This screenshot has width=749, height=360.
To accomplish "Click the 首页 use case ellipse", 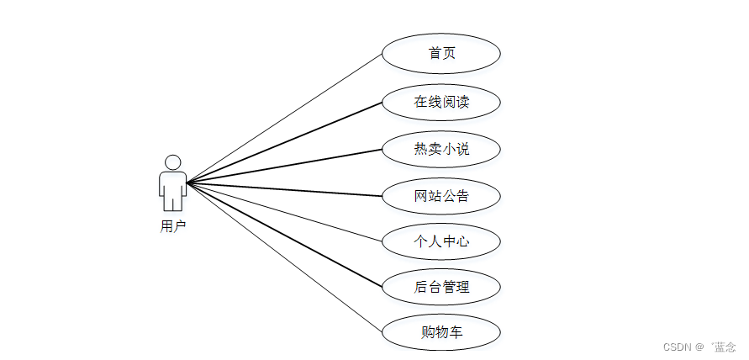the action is tap(441, 54).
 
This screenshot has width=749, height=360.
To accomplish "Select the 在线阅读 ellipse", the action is tap(441, 103).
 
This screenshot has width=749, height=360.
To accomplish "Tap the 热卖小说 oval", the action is tap(441, 150).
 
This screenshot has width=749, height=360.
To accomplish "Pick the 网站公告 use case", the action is tap(441, 197).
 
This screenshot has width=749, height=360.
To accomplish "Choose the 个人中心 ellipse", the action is tap(441, 242).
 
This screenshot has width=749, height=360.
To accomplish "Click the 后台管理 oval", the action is tap(441, 287).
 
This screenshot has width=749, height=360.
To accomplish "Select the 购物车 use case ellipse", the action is tap(441, 332).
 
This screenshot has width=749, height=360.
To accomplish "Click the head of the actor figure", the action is tap(173, 162).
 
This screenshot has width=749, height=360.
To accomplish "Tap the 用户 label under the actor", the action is tap(173, 226).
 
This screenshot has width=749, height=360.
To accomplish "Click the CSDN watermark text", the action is tap(676, 347).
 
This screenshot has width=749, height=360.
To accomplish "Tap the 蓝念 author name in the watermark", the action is tap(725, 347).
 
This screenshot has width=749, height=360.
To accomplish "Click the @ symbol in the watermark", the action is tap(699, 347).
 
